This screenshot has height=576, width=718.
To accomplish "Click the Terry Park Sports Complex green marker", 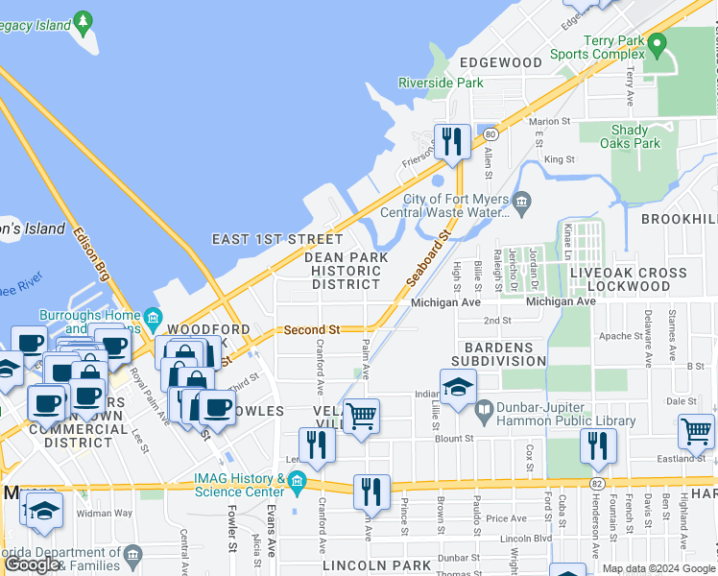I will pyautogui.click(x=658, y=44).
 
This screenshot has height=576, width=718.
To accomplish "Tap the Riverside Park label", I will pyautogui.click(x=442, y=84).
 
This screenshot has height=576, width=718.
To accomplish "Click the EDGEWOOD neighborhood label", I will pyautogui.click(x=500, y=62).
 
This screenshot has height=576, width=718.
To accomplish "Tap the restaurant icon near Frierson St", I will pyautogui.click(x=450, y=142).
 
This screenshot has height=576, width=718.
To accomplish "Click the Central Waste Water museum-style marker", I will pyautogui.click(x=521, y=201).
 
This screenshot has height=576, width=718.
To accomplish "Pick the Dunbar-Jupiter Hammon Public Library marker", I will pyautogui.click(x=485, y=409).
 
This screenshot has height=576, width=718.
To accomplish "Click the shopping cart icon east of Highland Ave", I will pyautogui.click(x=697, y=432).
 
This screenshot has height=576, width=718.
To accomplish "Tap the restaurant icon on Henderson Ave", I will pyautogui.click(x=596, y=445).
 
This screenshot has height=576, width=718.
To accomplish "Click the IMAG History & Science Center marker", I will pyautogui.click(x=296, y=482).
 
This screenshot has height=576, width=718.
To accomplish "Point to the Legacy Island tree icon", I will pyautogui.click(x=84, y=19).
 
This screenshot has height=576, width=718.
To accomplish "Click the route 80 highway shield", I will pyautogui.click(x=490, y=133).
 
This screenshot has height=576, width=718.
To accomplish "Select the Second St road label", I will pyautogui.click(x=312, y=329).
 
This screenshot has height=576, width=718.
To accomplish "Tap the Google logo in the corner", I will pyautogui.click(x=33, y=564).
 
